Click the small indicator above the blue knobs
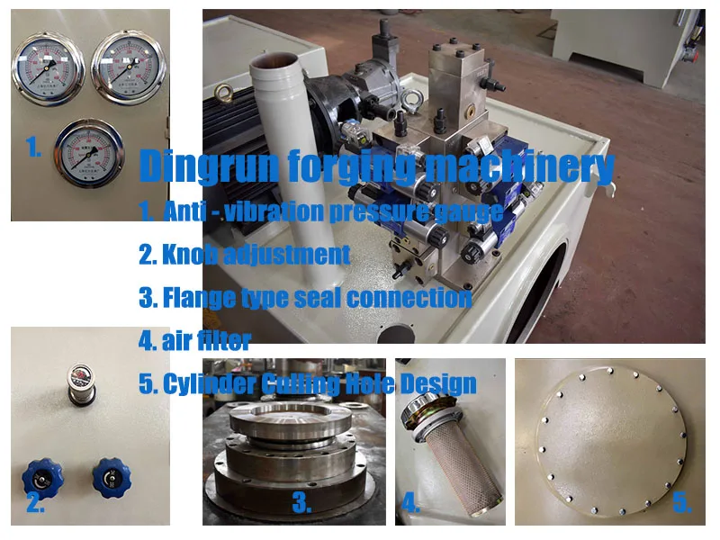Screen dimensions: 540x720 click(82, 375)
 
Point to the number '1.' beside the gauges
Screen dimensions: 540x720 click(33, 148)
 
